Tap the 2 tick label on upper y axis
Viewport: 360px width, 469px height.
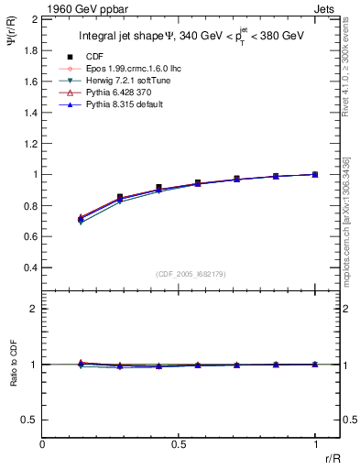34,18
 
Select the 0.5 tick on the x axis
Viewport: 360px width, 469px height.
179,444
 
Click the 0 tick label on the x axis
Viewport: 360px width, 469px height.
42,444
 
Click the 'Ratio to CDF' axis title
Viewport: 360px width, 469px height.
12,379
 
